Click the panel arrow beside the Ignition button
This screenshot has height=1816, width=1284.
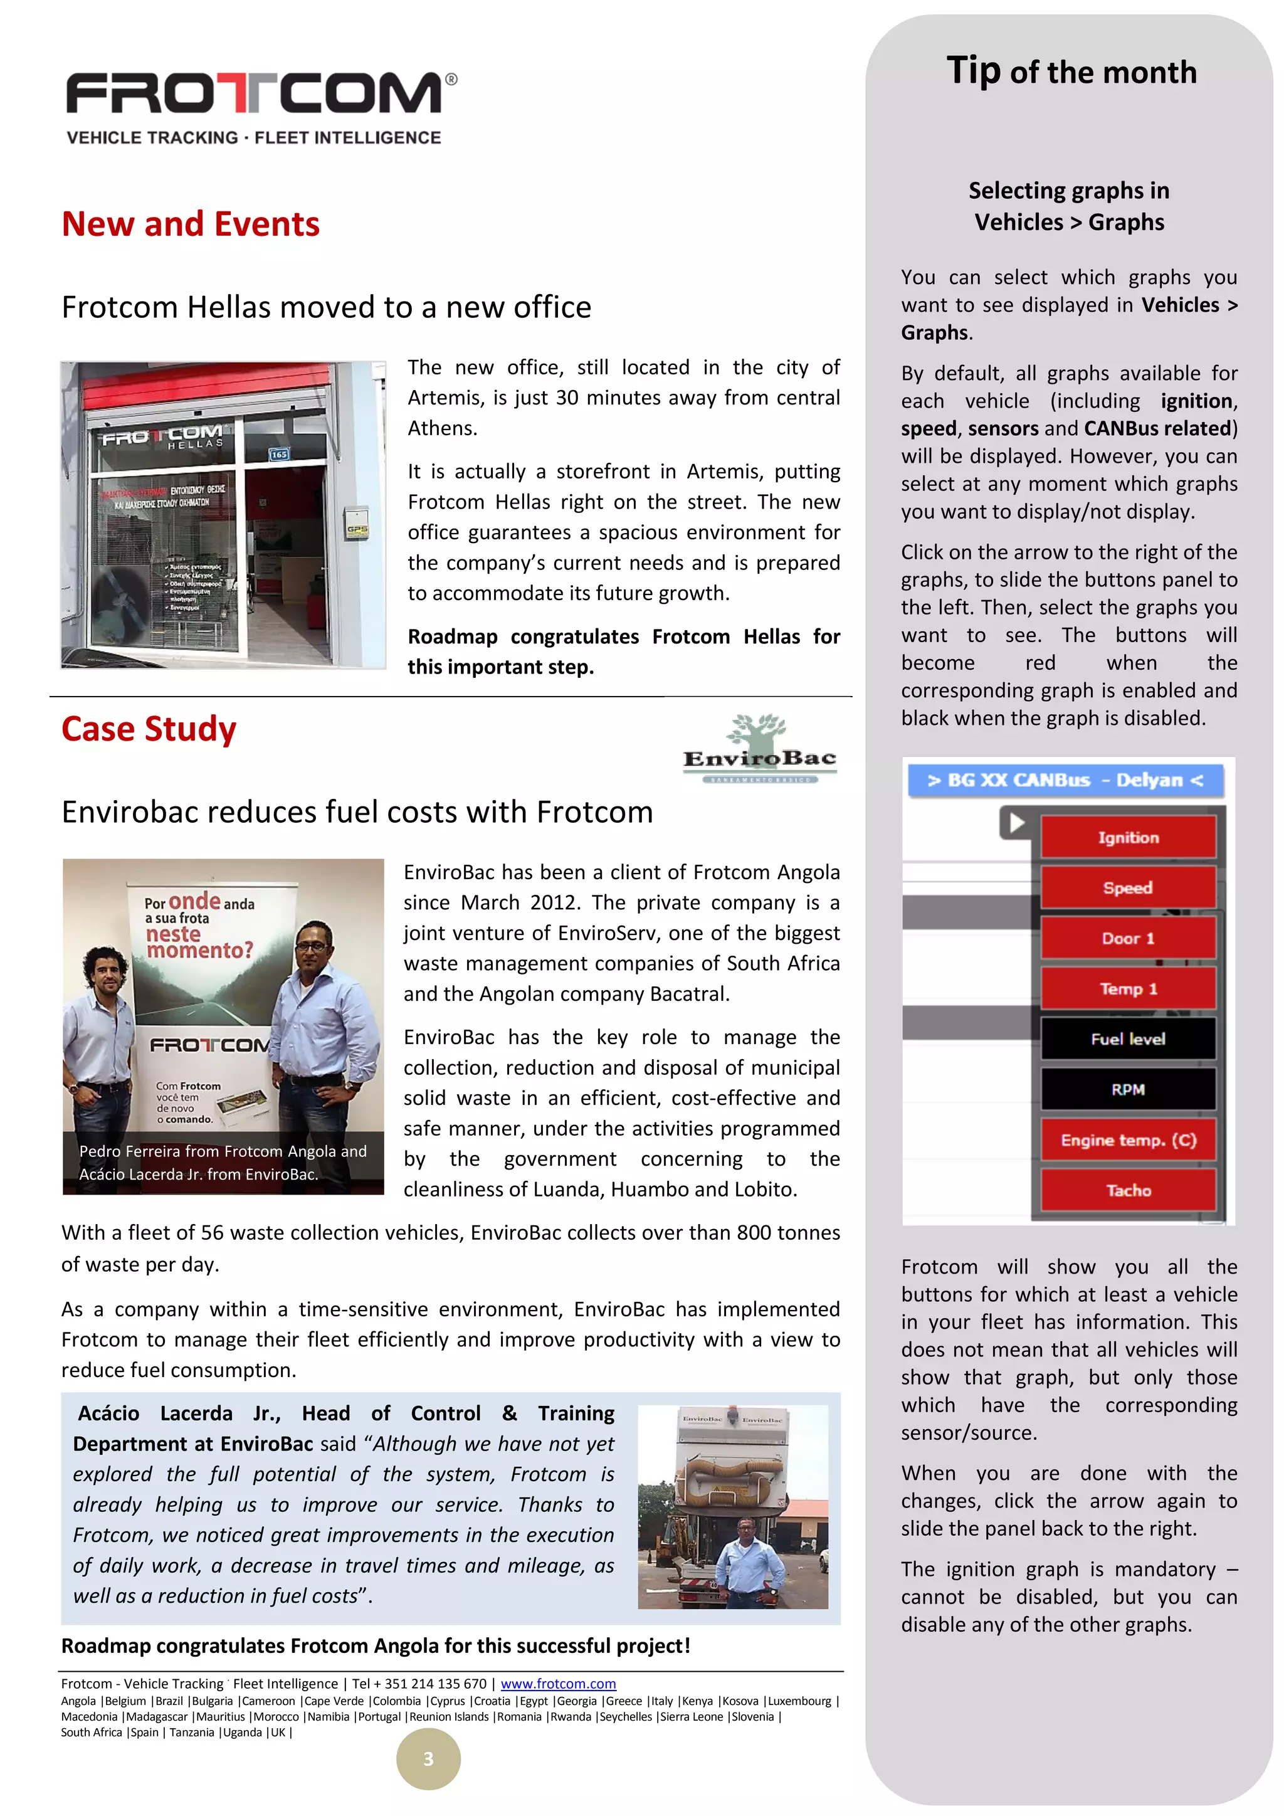[x=1016, y=823]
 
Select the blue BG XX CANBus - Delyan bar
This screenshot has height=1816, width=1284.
[x=1065, y=781]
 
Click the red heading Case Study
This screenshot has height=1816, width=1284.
[x=149, y=729]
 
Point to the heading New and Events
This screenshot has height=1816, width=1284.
[x=191, y=224]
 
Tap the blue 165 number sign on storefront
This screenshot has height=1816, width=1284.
[x=279, y=454]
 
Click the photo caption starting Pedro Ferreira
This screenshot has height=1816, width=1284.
[x=223, y=1163]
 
